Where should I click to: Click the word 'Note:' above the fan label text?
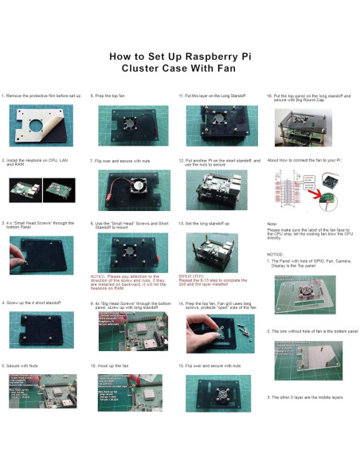tap(272, 225)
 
